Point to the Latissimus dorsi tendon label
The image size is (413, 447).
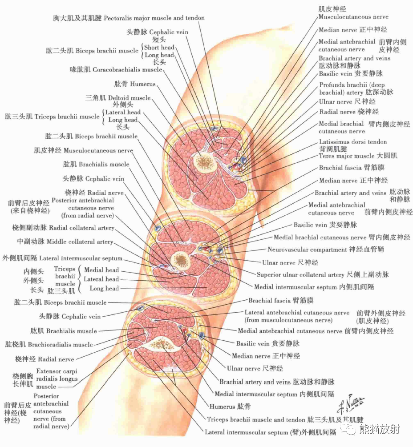pos(353,142)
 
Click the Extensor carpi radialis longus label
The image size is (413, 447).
pos(57,379)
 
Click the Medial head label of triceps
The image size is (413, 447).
pos(101,270)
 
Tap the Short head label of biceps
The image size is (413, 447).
pos(159,48)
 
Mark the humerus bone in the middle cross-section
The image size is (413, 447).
pos(181,259)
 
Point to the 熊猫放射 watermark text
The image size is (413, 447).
pos(380,429)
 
